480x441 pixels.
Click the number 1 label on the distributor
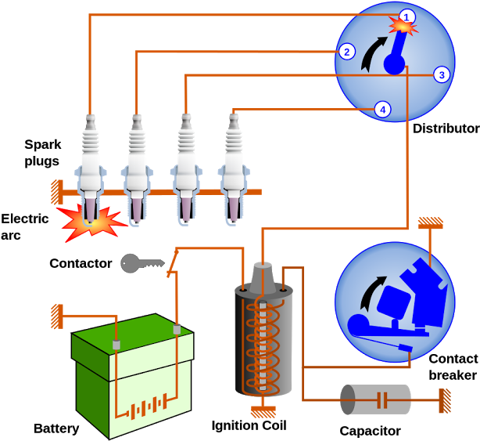point(407,16)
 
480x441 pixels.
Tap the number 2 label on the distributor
point(346,52)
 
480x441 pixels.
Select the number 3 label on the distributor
point(442,74)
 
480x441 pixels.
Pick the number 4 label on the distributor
point(382,110)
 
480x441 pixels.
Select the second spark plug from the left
point(137,168)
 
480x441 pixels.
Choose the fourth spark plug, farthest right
point(233,168)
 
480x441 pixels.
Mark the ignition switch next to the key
point(172,263)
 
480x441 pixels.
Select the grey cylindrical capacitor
point(376,399)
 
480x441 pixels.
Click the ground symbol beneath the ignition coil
point(263,411)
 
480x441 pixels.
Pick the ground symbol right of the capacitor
point(445,400)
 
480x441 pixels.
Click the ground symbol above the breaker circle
point(431,223)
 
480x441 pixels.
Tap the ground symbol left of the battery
point(57,316)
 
